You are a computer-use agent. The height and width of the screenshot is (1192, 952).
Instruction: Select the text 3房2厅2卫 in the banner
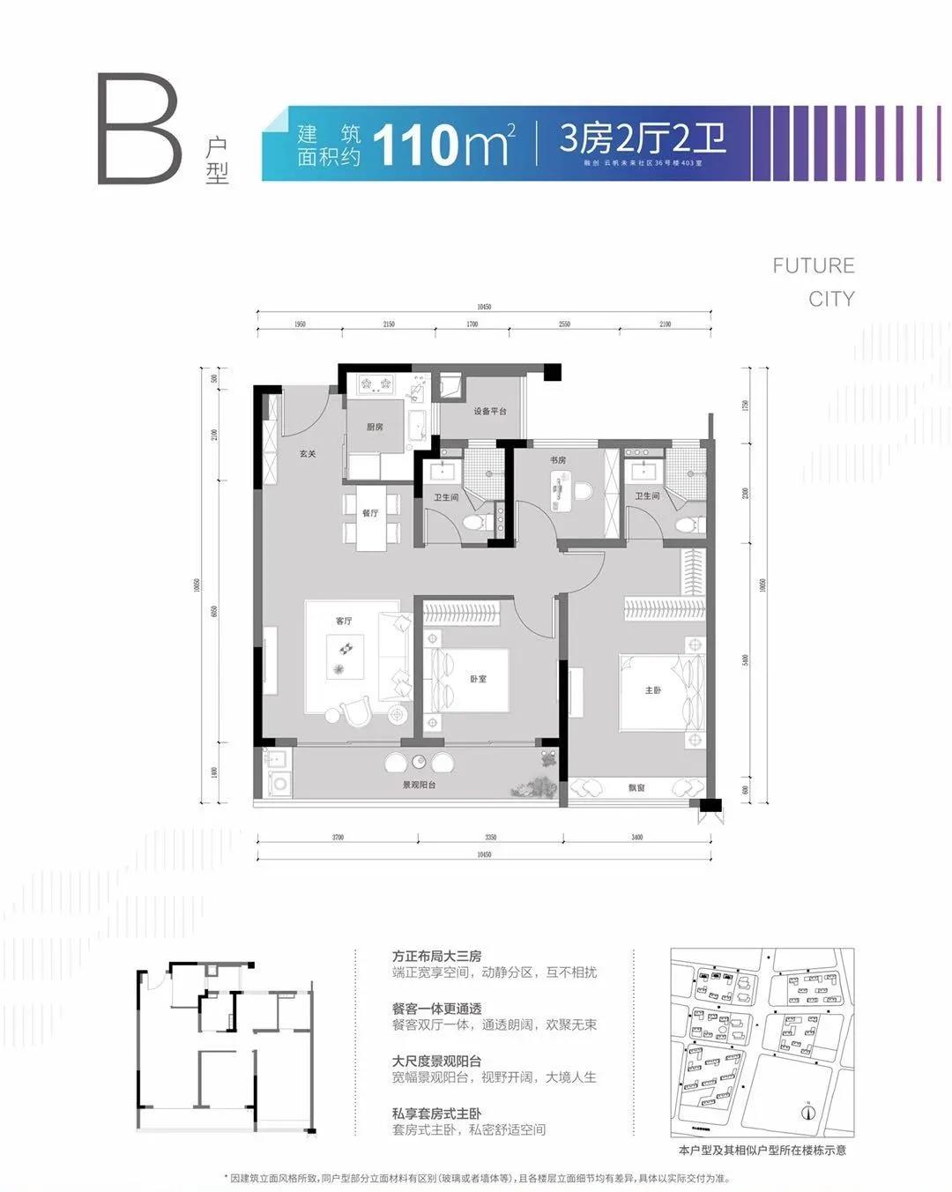(x=643, y=138)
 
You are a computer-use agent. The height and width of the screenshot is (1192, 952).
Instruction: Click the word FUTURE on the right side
(x=813, y=265)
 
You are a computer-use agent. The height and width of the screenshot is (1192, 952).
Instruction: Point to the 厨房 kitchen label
(x=376, y=427)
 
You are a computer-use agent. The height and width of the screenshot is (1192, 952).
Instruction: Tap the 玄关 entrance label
(x=307, y=454)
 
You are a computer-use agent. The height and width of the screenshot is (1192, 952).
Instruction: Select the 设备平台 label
(x=490, y=411)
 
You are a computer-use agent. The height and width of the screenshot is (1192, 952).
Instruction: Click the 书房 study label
(x=558, y=460)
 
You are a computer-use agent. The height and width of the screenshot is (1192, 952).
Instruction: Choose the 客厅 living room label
(x=344, y=621)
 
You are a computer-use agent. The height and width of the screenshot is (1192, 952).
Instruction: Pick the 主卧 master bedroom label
(x=653, y=690)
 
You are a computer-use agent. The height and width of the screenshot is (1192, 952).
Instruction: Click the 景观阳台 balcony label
(x=420, y=785)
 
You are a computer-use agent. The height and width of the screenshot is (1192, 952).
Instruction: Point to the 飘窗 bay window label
(x=636, y=787)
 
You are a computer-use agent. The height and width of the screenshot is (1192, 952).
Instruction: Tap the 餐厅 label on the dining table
(x=370, y=513)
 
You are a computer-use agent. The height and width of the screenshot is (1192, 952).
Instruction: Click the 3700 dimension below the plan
(x=338, y=837)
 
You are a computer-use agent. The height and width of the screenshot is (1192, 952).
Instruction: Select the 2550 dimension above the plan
(x=564, y=324)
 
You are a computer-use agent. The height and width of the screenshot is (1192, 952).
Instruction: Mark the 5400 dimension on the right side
(x=746, y=660)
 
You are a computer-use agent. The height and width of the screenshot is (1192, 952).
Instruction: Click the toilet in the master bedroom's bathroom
(x=686, y=525)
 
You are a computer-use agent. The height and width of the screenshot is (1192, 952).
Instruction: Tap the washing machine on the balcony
(x=280, y=783)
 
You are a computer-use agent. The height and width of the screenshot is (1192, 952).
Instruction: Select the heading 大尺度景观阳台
(x=437, y=1061)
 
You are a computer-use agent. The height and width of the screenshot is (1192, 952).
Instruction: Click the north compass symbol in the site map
(x=807, y=1112)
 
